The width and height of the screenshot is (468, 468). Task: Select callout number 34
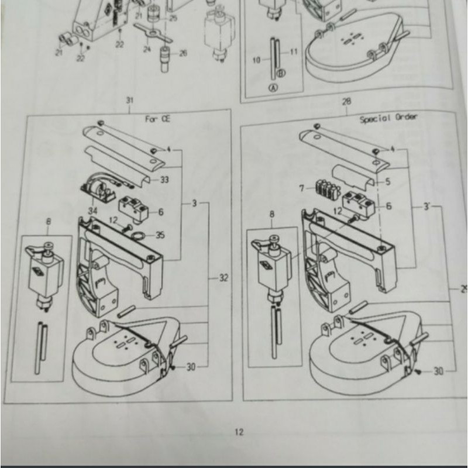[92, 210]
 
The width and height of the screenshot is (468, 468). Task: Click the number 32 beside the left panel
[223, 278]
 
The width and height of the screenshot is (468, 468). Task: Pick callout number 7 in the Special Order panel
[302, 188]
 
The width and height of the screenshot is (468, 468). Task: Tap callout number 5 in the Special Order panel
[387, 182]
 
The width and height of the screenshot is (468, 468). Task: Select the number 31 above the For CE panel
[129, 100]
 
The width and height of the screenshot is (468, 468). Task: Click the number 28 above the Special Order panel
[347, 101]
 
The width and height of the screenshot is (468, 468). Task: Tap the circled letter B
[280, 73]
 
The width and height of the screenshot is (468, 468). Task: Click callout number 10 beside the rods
[256, 60]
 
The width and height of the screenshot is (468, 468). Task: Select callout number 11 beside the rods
[294, 52]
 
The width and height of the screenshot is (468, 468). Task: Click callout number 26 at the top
[183, 53]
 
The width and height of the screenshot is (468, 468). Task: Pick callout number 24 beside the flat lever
[147, 50]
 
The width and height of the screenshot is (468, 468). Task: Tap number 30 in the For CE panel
[191, 367]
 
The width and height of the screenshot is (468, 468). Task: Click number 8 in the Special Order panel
[271, 215]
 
